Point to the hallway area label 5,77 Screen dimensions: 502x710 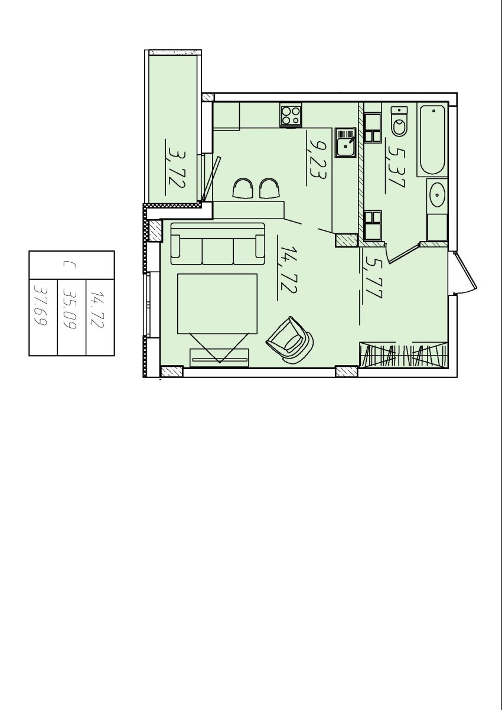point(374,278)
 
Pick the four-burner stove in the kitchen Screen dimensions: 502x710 point(291,116)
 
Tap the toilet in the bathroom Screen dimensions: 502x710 point(399,122)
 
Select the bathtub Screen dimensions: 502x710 point(432,140)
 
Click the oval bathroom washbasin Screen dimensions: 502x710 point(438,194)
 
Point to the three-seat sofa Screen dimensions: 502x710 point(217,243)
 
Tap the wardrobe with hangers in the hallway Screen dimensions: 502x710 point(404,355)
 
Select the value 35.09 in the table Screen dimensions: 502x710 point(69,308)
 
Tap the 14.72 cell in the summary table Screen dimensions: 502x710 point(97,308)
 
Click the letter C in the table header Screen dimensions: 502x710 point(69,265)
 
